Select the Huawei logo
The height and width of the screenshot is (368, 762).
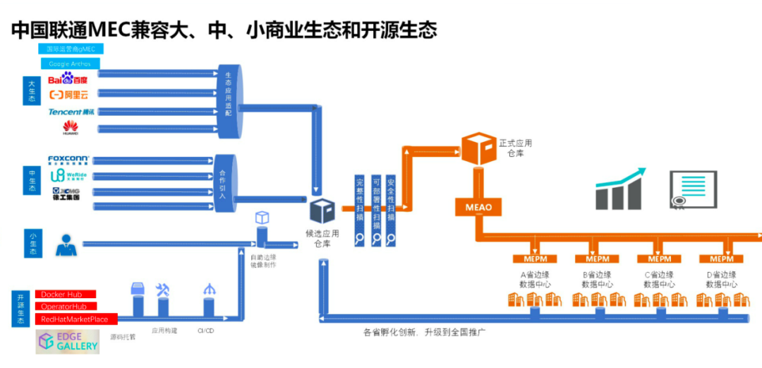point(71,128)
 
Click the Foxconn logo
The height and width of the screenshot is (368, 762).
point(68,160)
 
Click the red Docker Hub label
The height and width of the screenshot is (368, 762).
point(66,294)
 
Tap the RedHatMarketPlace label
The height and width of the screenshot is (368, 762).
point(76,319)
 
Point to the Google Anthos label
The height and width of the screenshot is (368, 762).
point(69,64)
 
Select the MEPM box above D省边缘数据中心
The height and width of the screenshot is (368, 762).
point(721,259)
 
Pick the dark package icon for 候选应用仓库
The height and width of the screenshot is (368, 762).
point(322,211)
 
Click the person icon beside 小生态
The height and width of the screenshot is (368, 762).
point(66,244)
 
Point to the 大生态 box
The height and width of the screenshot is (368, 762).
point(32,93)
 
